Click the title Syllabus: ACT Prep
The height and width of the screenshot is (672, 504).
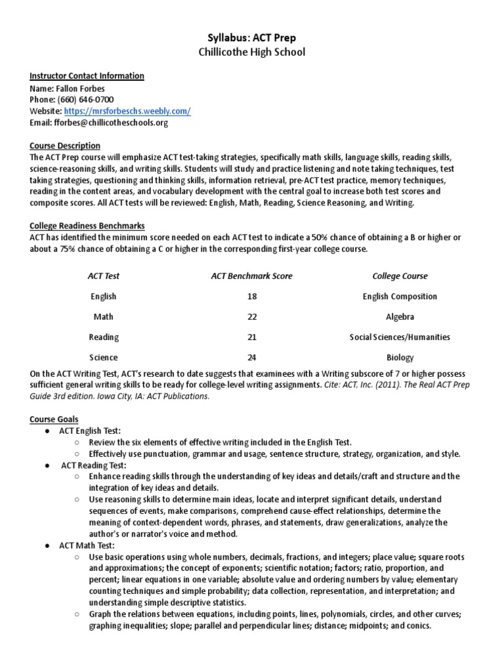coord(252,38)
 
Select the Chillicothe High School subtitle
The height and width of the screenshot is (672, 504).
coord(252,52)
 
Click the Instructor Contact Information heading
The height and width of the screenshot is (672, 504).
coord(87,76)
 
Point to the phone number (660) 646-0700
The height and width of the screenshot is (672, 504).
coord(85,100)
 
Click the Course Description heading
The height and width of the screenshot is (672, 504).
coord(65,146)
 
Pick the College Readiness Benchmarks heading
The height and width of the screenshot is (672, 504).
coord(87,226)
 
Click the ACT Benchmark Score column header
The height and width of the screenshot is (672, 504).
coord(252,276)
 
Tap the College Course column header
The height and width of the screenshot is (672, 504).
coord(400,276)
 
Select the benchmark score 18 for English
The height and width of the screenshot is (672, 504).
coord(252,297)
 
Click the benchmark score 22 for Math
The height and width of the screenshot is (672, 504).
coord(252,317)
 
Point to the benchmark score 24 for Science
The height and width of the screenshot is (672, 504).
coord(252,358)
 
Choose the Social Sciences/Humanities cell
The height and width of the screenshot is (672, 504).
coord(400,337)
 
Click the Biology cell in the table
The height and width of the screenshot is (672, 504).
coord(400,358)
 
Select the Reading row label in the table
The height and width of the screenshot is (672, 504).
coord(104,337)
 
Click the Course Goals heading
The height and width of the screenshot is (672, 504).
coord(54,419)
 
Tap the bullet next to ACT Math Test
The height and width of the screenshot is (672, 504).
coord(48,546)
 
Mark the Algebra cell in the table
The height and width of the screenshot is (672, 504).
coord(400,317)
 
